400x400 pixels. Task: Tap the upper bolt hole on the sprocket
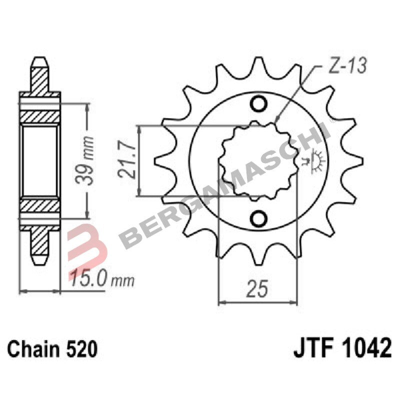(259, 104)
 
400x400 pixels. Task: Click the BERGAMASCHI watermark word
(225, 185)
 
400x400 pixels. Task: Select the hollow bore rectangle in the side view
(40, 161)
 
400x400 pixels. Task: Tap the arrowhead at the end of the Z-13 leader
(276, 121)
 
